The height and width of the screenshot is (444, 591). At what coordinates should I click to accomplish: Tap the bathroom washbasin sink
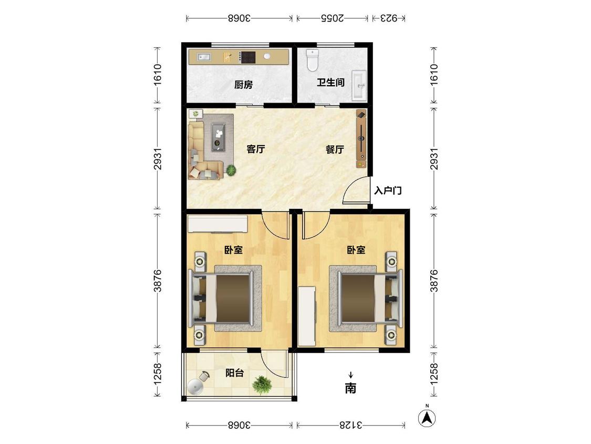coord(359,86)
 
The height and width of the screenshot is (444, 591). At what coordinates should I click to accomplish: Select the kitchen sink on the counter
coord(205,57)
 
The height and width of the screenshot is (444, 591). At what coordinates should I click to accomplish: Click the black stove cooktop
coord(248,57)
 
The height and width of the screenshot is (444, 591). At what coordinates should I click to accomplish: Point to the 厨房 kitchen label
coord(243,85)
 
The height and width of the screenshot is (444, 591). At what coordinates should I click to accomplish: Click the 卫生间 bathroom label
coord(330,82)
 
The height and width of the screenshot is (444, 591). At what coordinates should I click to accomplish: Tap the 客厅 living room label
coord(255,149)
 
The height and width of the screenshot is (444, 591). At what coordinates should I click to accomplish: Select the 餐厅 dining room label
coord(335,149)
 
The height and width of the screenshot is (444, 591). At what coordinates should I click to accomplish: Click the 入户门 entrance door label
coord(388,190)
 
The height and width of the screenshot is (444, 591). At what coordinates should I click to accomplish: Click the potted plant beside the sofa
coord(231,170)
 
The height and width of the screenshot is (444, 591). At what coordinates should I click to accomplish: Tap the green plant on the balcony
coord(262,385)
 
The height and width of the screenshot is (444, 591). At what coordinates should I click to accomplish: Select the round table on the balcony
coord(195,387)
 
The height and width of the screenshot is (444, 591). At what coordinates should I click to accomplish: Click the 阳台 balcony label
coord(234,373)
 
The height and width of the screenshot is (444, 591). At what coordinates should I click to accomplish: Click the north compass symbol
coord(427,417)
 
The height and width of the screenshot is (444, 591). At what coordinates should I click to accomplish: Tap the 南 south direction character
coord(350,388)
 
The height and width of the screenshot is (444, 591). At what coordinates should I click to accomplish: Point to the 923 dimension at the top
coord(389,18)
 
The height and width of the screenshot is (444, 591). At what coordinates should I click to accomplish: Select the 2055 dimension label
coord(332,18)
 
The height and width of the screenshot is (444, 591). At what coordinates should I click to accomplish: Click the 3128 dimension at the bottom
coord(351,426)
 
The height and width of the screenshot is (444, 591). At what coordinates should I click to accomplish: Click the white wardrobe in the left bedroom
coord(217,224)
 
